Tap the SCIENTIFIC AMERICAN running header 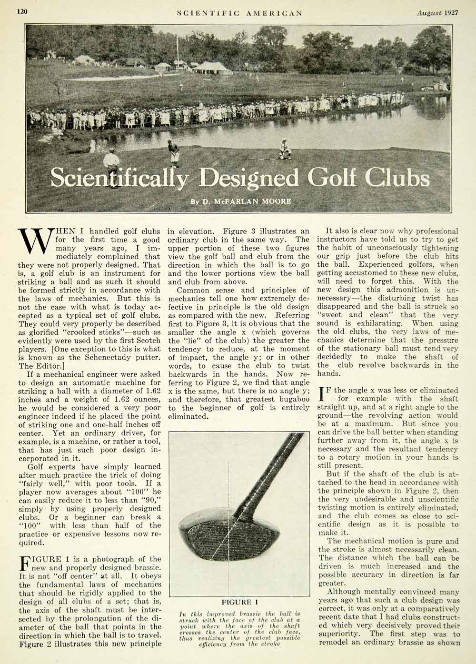[239, 13]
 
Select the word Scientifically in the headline [121, 178]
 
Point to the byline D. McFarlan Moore [241, 201]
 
